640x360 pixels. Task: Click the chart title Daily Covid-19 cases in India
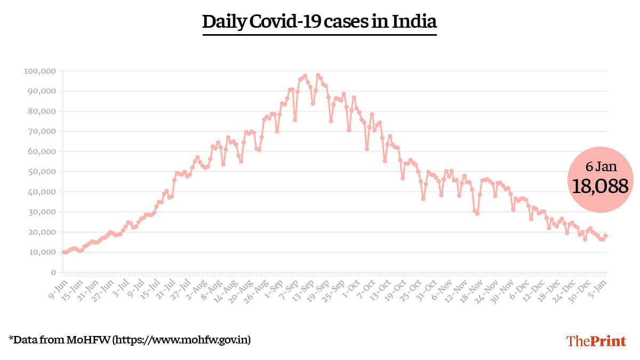319,22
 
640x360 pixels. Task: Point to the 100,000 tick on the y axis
41,71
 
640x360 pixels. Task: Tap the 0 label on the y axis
53,272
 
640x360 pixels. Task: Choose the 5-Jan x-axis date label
597,285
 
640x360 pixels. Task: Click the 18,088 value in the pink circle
601,186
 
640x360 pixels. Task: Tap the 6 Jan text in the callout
601,166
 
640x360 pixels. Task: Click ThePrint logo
596,341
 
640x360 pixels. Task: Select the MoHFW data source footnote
130,340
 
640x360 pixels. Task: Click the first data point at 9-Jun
63,252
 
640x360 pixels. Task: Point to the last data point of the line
606,236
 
